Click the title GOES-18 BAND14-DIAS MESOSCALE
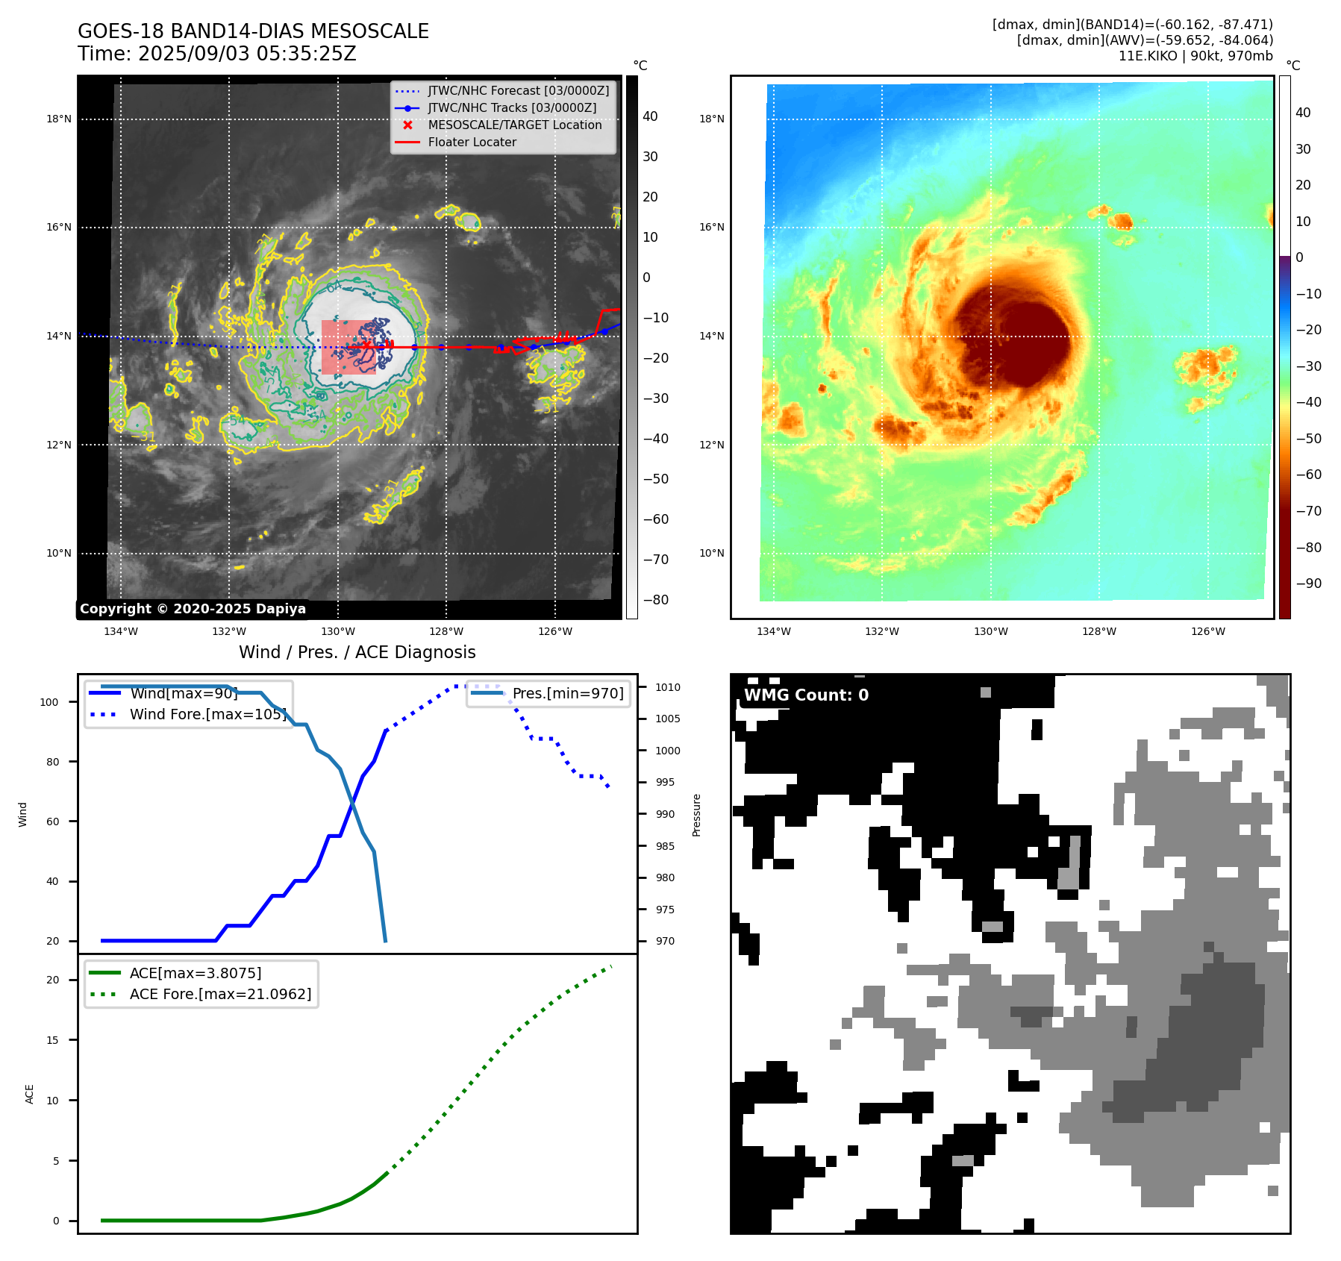pos(253,31)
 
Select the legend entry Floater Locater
pos(472,142)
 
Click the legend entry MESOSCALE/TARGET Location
pos(514,125)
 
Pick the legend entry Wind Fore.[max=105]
pos(207,714)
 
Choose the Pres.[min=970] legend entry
pos(567,693)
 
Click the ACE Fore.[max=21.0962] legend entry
pos(220,994)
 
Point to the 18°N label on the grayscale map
pos(59,119)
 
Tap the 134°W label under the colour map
pos(773,631)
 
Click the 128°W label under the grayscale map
pos(446,631)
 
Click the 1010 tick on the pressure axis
pos(668,687)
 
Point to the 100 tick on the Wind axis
pos(49,702)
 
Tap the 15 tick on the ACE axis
pos(52,1040)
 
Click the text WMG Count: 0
pos(806,695)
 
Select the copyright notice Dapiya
pos(193,609)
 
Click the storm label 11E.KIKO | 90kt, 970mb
pos(1195,56)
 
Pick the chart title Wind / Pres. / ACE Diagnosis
pos(357,652)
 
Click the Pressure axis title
pos(696,815)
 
